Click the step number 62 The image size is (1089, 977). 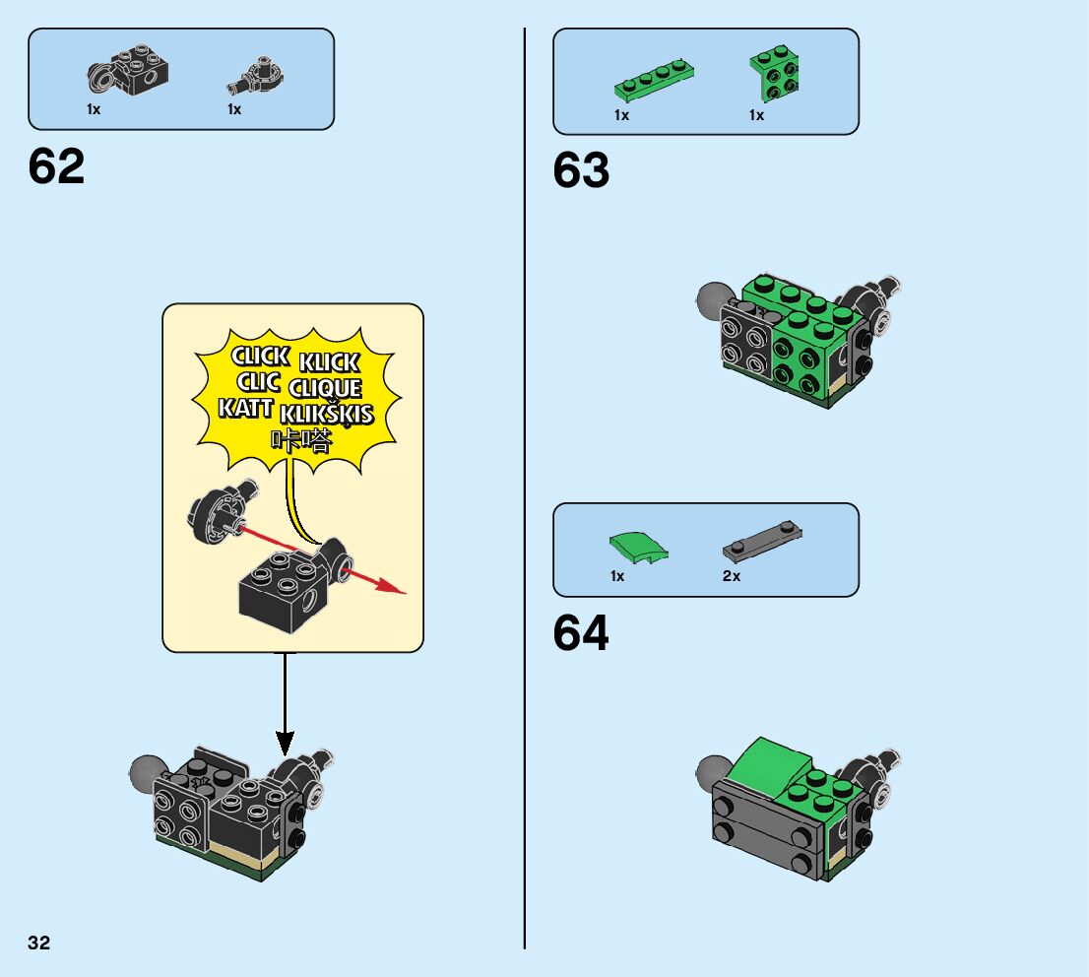coord(57,167)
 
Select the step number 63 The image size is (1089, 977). coord(581,171)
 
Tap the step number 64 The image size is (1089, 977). coord(581,634)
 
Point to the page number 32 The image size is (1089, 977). coord(39,944)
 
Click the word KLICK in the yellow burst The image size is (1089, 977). coord(329,362)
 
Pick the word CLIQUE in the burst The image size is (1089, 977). coord(325,388)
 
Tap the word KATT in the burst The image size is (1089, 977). coord(246,407)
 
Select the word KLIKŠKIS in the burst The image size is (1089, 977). coord(327,413)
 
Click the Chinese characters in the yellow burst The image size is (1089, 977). coord(303,440)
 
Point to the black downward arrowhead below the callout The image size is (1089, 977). coord(286,741)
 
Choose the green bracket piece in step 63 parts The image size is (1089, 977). coord(774,74)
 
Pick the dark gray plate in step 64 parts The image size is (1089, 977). coord(762,540)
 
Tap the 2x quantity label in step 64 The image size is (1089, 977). coord(731,576)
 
